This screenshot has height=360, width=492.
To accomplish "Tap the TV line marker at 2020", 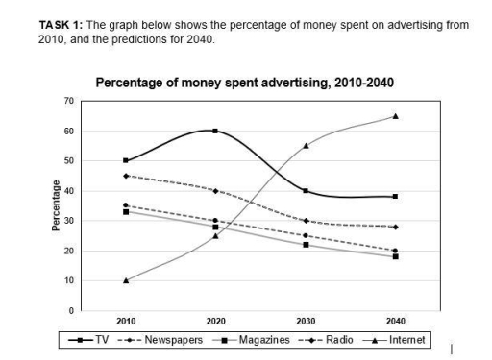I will point(215,131).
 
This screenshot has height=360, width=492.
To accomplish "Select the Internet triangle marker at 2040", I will point(395,116).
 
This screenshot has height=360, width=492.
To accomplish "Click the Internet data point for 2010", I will point(125,280).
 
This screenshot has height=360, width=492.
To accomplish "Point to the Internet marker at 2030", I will point(306,146).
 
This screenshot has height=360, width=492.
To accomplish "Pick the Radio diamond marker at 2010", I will point(125,176).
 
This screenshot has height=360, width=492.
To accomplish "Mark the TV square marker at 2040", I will point(395,196).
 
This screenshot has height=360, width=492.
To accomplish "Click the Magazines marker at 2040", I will point(395,256).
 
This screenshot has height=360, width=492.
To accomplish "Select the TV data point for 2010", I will point(125,160).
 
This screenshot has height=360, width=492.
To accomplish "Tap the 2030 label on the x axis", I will point(306,322).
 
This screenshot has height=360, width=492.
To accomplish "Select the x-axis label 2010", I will point(125,322).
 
